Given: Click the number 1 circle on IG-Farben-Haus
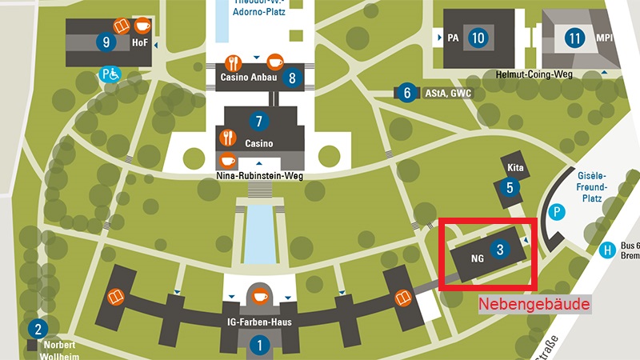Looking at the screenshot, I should pyautogui.click(x=259, y=346).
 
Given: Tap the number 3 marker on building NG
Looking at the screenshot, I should pyautogui.click(x=500, y=250).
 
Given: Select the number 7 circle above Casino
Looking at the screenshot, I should pyautogui.click(x=258, y=122).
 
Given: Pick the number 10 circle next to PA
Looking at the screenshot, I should pyautogui.click(x=478, y=37).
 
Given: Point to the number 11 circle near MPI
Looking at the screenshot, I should pyautogui.click(x=574, y=37).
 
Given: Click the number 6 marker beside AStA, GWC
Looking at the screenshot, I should pyautogui.click(x=407, y=94).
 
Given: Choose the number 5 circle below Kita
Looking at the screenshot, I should pyautogui.click(x=510, y=188).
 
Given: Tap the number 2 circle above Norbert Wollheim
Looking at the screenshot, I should pyautogui.click(x=37, y=328).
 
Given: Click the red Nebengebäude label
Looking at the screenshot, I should pyautogui.click(x=534, y=305).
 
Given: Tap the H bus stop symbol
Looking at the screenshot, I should pyautogui.click(x=608, y=250).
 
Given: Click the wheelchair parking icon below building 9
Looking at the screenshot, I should pyautogui.click(x=110, y=74).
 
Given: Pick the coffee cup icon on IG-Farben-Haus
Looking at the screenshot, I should pyautogui.click(x=259, y=297).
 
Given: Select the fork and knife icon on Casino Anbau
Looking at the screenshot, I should pyautogui.click(x=234, y=62).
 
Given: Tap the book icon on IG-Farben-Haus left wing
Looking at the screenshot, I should pyautogui.click(x=117, y=298).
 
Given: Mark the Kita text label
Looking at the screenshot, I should pyautogui.click(x=515, y=168).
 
